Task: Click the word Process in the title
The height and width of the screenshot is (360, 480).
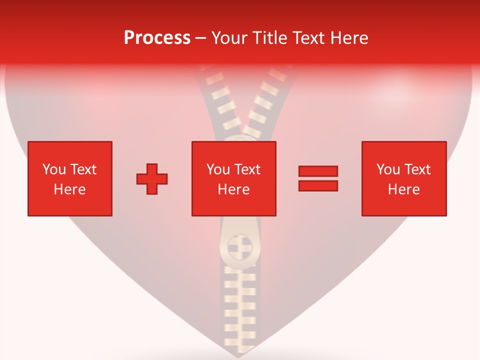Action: click(x=157, y=37)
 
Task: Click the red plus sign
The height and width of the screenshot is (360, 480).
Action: click(x=152, y=179)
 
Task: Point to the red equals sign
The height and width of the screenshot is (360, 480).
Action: click(x=318, y=178)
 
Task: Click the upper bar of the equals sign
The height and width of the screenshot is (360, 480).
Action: click(x=318, y=171)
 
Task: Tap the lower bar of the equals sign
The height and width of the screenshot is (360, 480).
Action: click(x=318, y=185)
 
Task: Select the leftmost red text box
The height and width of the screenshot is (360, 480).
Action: click(x=70, y=178)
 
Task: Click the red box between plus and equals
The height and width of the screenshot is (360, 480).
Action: click(x=234, y=178)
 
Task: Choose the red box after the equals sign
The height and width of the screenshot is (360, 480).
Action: click(x=404, y=178)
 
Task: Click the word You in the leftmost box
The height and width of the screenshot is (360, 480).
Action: click(x=53, y=169)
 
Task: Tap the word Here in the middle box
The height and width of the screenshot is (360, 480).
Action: click(x=234, y=189)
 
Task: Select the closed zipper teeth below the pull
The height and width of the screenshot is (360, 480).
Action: click(x=238, y=305)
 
